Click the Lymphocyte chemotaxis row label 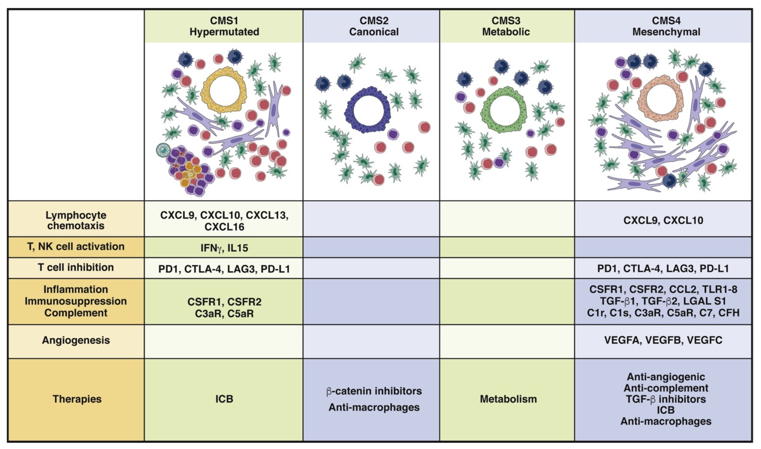point(76,220)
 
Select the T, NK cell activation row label point(76,247)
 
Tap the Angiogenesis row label point(76,340)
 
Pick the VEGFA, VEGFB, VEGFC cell point(663,340)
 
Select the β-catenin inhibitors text point(374,391)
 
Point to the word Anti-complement point(666,388)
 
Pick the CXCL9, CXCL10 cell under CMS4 point(663,220)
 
